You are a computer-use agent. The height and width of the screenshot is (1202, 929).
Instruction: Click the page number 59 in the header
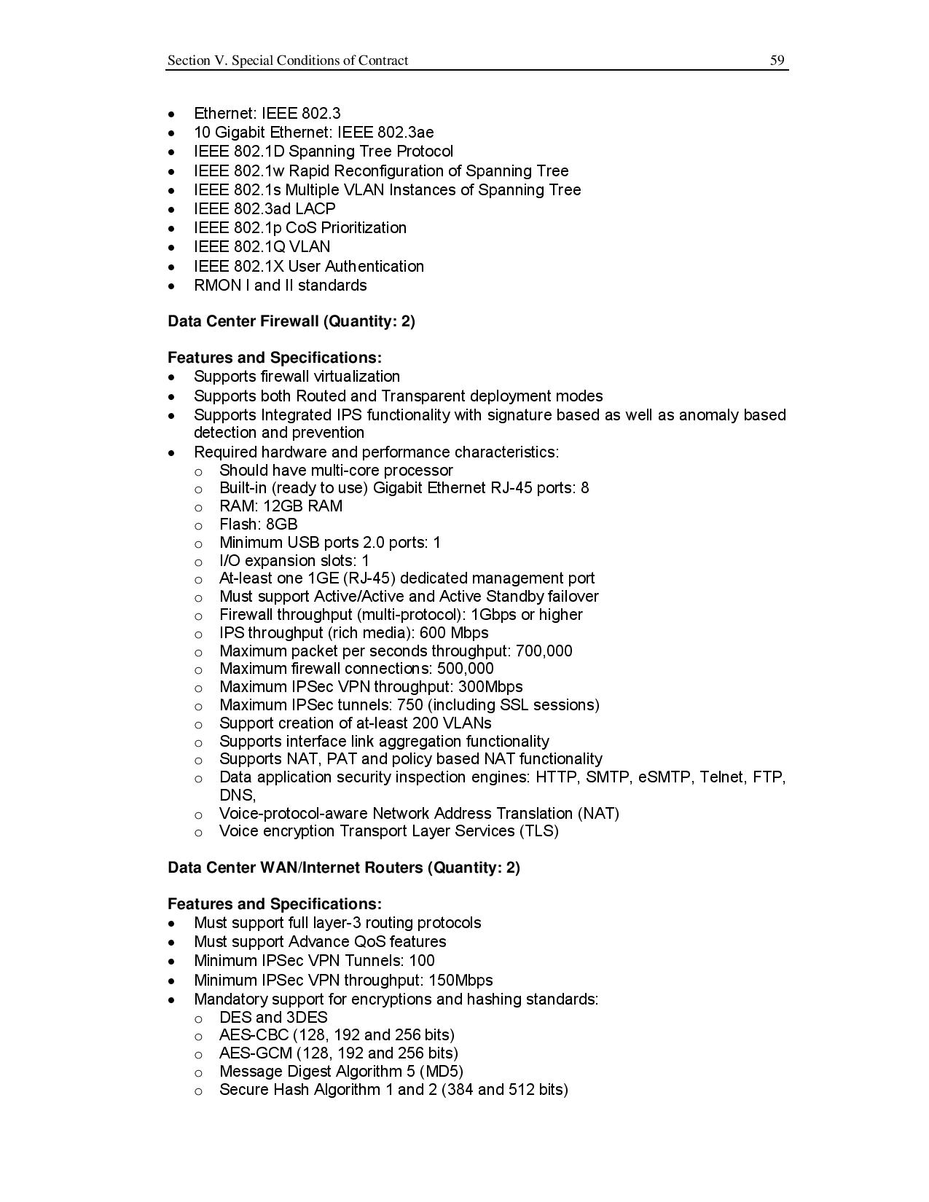tap(777, 60)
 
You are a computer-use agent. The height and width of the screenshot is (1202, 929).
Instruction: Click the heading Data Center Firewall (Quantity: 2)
tap(291, 321)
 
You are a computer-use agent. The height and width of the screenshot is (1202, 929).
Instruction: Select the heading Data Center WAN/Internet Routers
tap(343, 868)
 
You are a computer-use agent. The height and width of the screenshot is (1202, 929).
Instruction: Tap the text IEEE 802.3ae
tap(385, 132)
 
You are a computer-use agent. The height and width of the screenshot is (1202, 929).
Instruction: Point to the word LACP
tap(315, 208)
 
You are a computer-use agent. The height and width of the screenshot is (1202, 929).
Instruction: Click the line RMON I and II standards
tap(280, 285)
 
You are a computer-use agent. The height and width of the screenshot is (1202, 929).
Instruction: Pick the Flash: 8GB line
tap(258, 525)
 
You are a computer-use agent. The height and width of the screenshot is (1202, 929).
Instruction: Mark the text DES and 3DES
tap(273, 1017)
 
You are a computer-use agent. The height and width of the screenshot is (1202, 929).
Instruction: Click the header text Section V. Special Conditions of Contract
tap(288, 60)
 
